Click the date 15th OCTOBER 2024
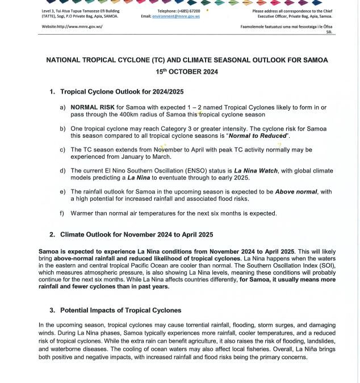click(x=187, y=72)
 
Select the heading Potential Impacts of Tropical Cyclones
click(x=120, y=310)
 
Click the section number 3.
click(x=52, y=310)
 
